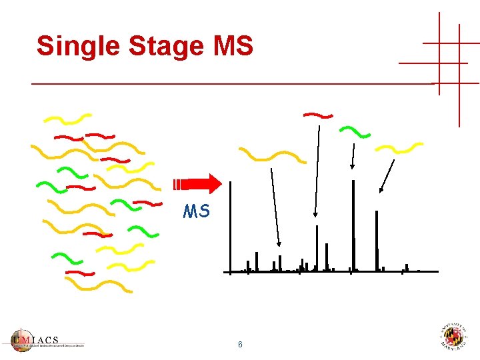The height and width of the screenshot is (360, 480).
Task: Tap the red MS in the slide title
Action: tap(232, 47)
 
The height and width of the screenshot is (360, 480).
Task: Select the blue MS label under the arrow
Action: tap(197, 212)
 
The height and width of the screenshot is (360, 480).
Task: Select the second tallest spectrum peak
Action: tap(377, 240)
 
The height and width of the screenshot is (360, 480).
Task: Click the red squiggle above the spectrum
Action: tap(318, 115)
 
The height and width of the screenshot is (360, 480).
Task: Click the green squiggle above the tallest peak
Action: tap(355, 131)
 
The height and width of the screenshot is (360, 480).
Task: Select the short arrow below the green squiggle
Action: tap(353, 157)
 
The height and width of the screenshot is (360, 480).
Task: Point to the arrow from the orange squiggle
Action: tap(275, 207)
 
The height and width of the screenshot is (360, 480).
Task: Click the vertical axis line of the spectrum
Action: tap(230, 227)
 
